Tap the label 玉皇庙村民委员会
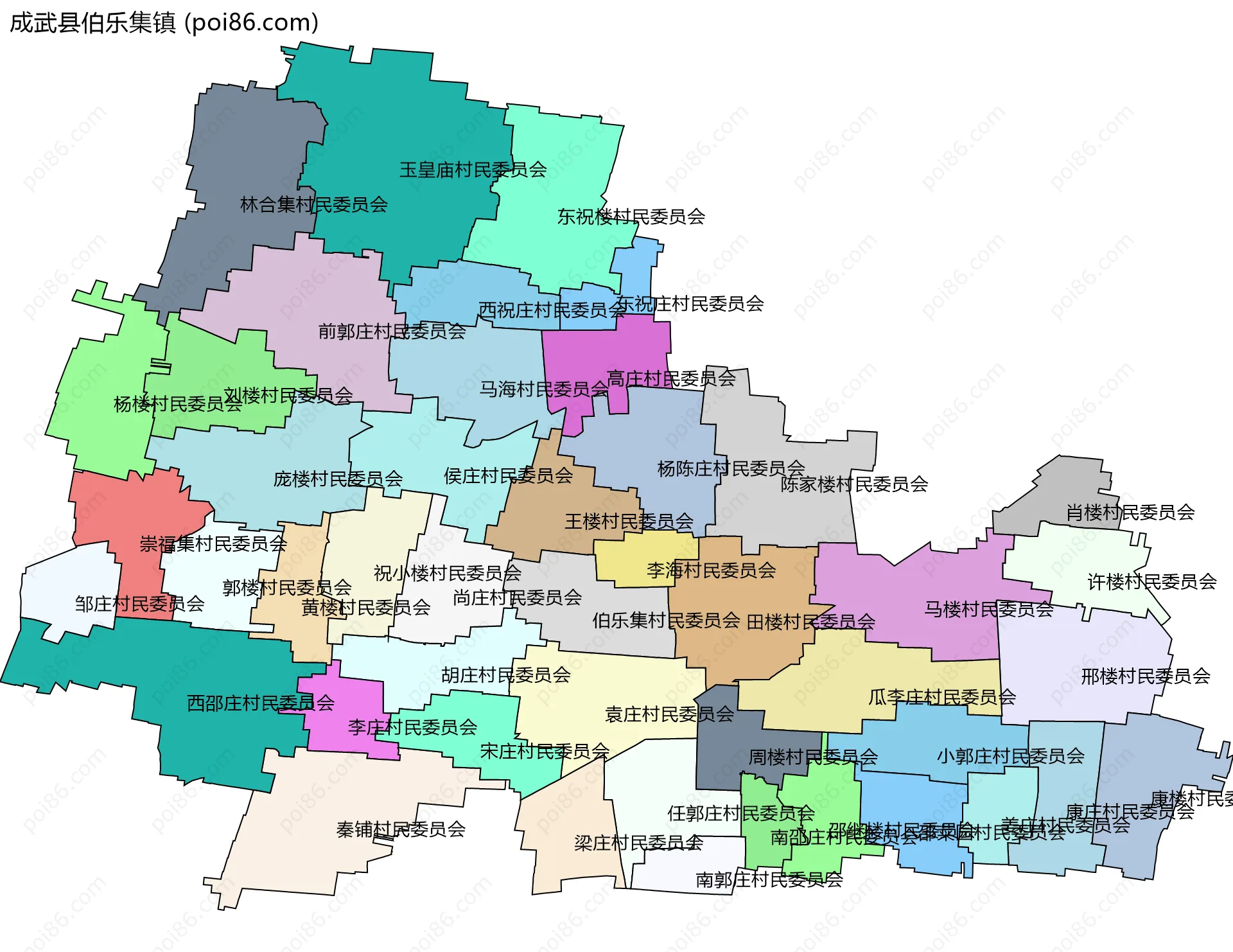473,170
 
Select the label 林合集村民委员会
313,205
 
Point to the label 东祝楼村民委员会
631,217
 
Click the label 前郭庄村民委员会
392,331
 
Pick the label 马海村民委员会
543,389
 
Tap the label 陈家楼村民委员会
854,484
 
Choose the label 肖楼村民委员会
1130,513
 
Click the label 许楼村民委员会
1151,582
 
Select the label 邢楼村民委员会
1146,676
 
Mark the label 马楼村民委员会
988,609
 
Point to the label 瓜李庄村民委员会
942,698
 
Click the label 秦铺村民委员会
401,829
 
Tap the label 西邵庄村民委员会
260,703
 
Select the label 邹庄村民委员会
139,604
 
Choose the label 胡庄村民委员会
505,675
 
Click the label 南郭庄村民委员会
769,880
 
